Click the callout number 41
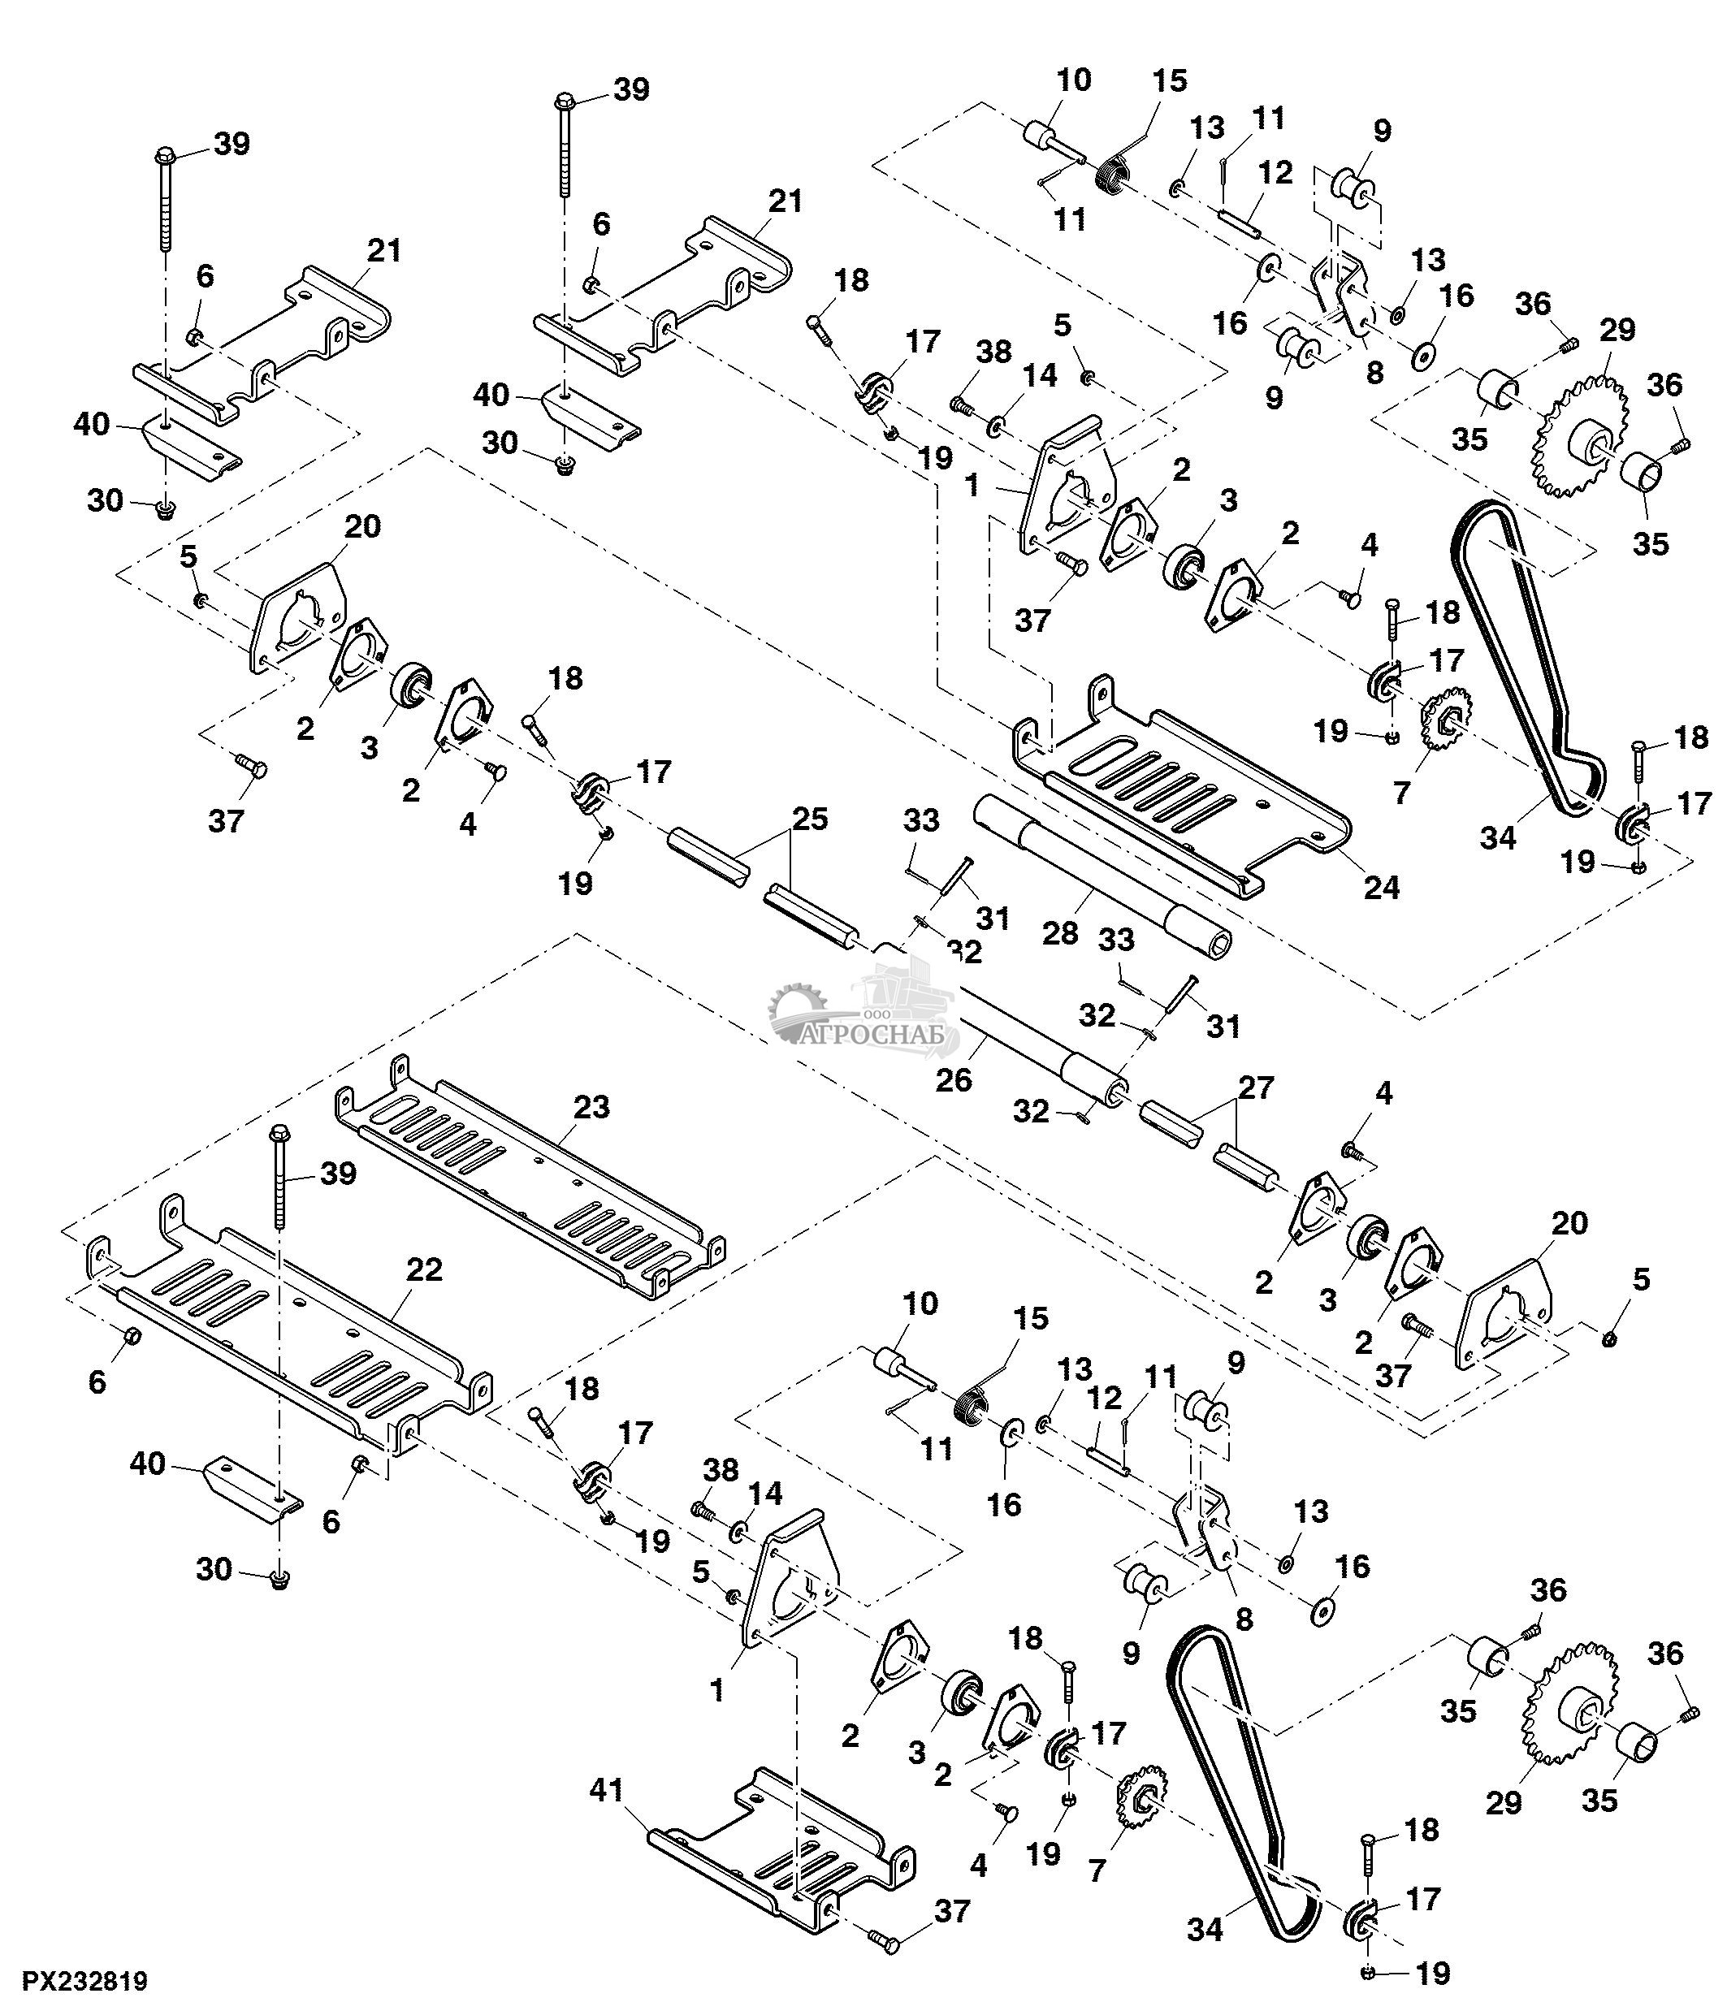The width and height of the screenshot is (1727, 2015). click(x=607, y=1790)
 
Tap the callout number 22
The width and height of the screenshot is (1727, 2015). click(x=424, y=1269)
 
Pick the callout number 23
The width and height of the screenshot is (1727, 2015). click(x=591, y=1107)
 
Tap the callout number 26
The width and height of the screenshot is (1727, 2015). click(x=953, y=1079)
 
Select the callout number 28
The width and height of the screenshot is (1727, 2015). click(x=1060, y=932)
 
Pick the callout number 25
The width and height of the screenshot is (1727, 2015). click(x=810, y=819)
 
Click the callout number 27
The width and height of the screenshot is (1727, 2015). click(x=1255, y=1087)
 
